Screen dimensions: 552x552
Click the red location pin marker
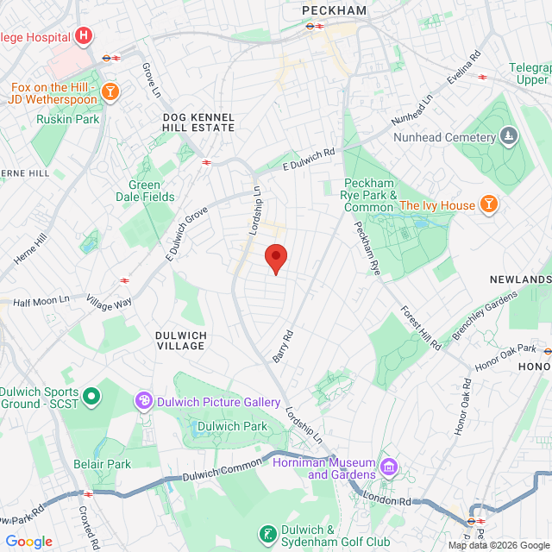[x=275, y=258]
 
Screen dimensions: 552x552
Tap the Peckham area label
[x=335, y=10]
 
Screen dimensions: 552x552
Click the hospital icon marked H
[x=84, y=35]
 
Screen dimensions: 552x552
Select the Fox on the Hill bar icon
[x=110, y=90]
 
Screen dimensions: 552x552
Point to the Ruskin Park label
[x=68, y=119]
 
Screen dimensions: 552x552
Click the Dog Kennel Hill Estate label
[x=198, y=121]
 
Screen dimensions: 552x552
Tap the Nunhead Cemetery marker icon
[x=509, y=136]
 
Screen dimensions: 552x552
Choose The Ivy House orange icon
[x=489, y=204]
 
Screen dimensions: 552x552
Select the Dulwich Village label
[x=180, y=339]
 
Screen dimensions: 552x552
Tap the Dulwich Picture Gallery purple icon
[x=143, y=401]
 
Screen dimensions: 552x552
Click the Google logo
[x=28, y=542]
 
